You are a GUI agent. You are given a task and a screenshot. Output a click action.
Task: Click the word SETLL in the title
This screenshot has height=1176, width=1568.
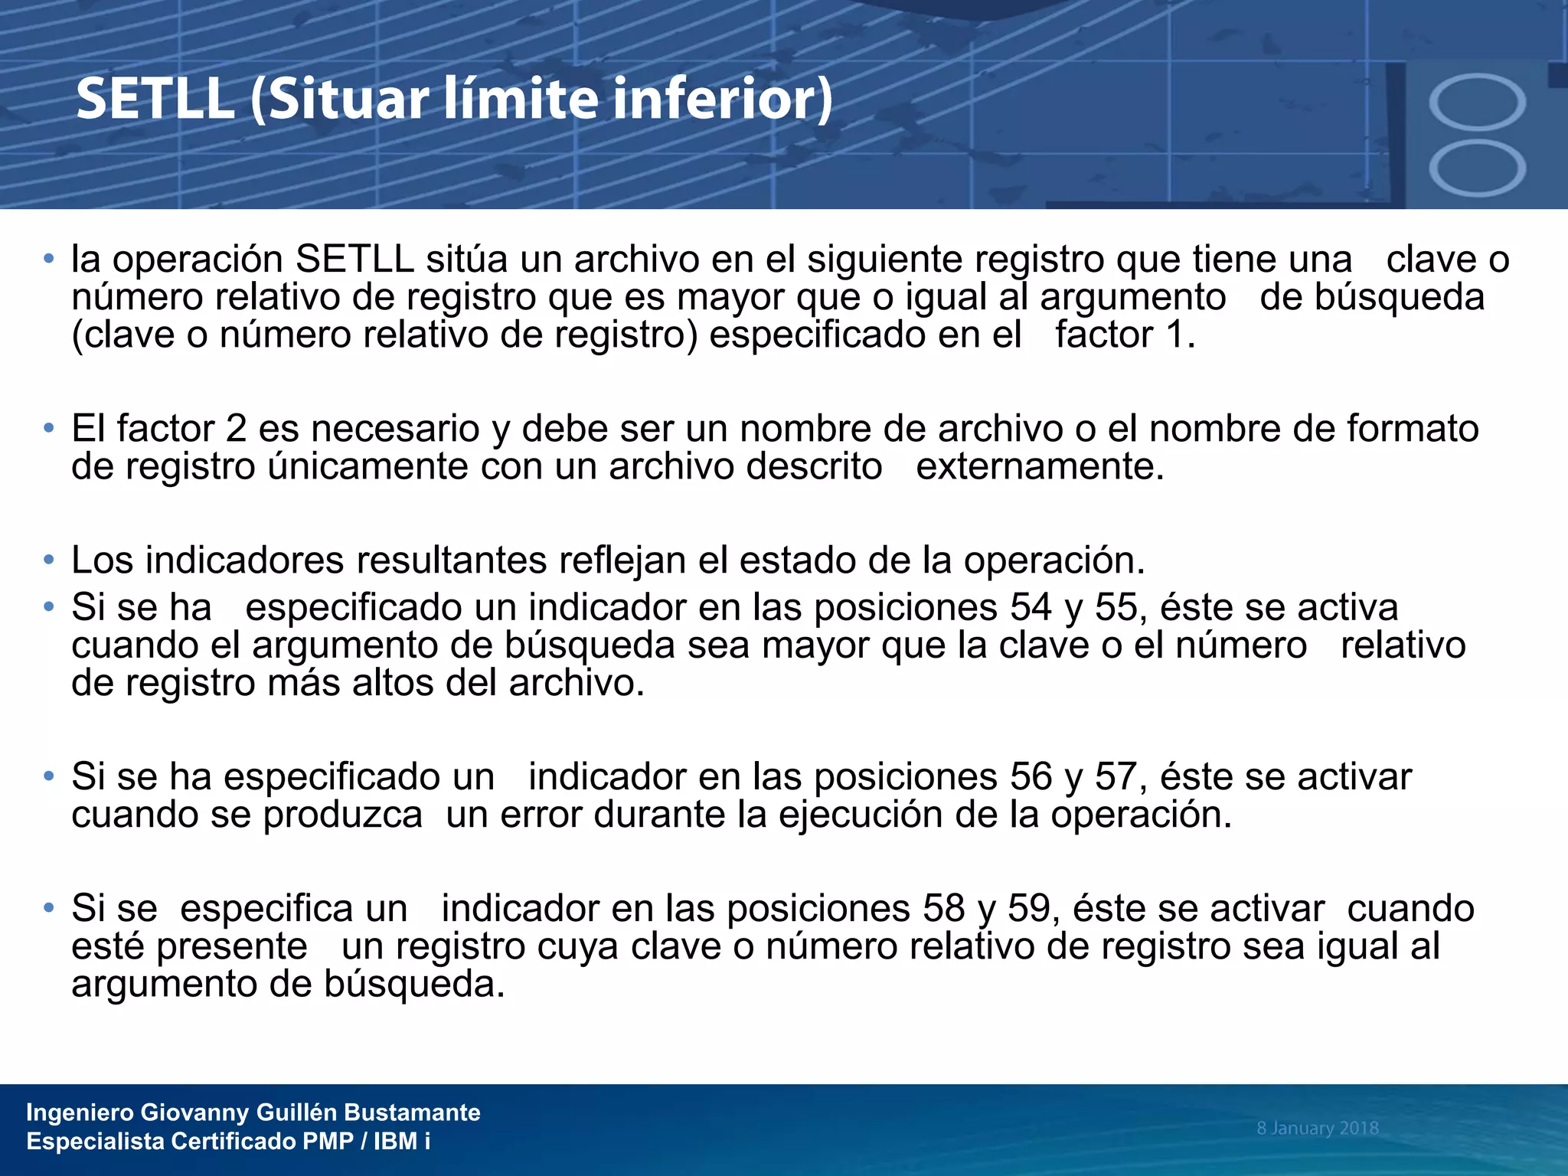pyautogui.click(x=155, y=100)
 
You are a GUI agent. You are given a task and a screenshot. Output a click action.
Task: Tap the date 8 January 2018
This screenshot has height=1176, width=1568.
pyautogui.click(x=1317, y=1128)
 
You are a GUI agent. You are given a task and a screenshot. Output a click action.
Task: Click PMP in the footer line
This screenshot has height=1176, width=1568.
pyautogui.click(x=328, y=1142)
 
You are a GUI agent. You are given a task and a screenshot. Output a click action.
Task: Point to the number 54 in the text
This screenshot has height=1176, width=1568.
pyautogui.click(x=1031, y=607)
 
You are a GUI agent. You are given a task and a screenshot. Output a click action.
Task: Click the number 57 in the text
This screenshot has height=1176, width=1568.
pyautogui.click(x=1115, y=776)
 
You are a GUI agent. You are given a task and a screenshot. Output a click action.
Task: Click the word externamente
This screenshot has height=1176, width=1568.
pyautogui.click(x=1040, y=466)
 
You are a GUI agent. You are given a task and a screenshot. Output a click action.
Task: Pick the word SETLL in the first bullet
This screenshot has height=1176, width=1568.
pyautogui.click(x=354, y=259)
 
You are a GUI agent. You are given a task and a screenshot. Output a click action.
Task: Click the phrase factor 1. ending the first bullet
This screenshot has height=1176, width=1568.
pyautogui.click(x=1125, y=335)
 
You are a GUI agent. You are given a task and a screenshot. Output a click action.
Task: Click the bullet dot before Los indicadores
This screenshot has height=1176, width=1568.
pyautogui.click(x=49, y=560)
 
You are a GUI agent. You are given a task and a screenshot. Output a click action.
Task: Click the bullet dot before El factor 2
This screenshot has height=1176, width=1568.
pyautogui.click(x=49, y=428)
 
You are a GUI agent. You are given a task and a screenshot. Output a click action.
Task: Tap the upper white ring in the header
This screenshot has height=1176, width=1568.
pyautogui.click(x=1477, y=102)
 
